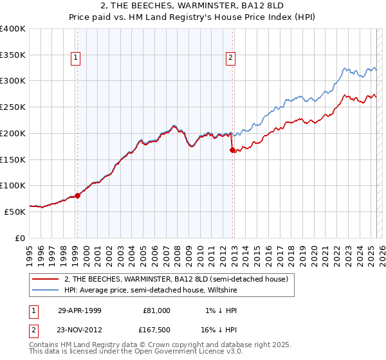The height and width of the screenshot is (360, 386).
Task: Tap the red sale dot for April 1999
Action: pyautogui.click(x=77, y=195)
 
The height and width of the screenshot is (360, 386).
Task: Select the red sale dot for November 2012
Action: pyautogui.click(x=232, y=150)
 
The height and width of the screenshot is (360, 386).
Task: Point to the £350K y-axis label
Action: pyautogui.click(x=13, y=55)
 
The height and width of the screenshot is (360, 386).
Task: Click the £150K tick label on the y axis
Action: pyautogui.click(x=13, y=159)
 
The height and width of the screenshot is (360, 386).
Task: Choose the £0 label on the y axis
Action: pyautogui.click(x=19, y=237)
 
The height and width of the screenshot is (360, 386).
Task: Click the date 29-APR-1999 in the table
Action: pyautogui.click(x=80, y=310)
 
